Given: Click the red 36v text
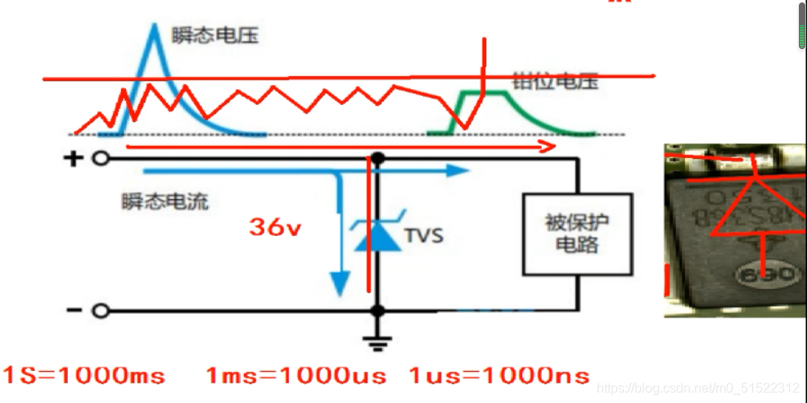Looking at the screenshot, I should [276, 228].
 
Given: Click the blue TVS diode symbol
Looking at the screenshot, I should [376, 234].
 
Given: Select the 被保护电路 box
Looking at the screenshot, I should [577, 234].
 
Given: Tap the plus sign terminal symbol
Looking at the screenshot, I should [74, 158].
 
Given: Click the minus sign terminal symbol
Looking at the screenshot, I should [74, 310].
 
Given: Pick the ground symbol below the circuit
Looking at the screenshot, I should [376, 342].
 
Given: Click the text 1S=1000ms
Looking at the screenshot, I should [83, 376].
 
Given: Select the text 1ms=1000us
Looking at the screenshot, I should [296, 376].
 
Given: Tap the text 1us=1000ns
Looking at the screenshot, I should [498, 376].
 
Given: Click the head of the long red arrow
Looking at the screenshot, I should [548, 147].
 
